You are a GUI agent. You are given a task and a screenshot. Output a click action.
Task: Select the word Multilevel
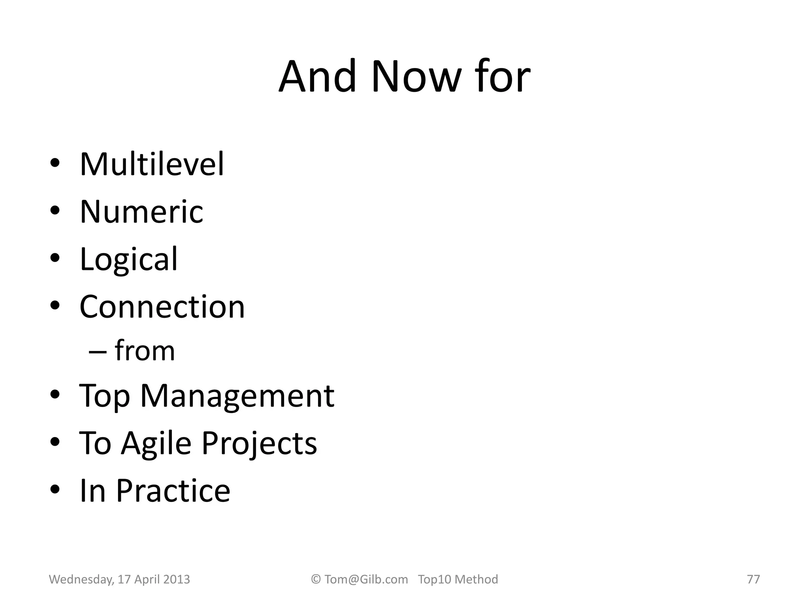pyautogui.click(x=152, y=164)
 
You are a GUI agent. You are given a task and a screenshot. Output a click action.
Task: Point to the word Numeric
pyautogui.click(x=141, y=211)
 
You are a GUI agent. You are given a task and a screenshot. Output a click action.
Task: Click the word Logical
pyautogui.click(x=129, y=259)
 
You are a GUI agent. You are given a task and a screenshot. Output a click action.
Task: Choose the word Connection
pyautogui.click(x=162, y=307)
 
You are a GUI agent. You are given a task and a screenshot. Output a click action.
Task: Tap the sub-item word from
pyautogui.click(x=145, y=351)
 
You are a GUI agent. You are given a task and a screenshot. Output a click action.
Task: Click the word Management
pyautogui.click(x=237, y=396)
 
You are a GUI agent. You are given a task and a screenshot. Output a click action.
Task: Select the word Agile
pyautogui.click(x=156, y=443)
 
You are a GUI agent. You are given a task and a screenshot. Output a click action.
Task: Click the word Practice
pyautogui.click(x=173, y=490)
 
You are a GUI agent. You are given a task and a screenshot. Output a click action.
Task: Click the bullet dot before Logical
pyautogui.click(x=55, y=258)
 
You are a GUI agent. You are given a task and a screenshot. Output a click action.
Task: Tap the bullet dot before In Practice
pyautogui.click(x=55, y=490)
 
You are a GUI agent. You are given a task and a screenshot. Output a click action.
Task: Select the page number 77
pyautogui.click(x=753, y=579)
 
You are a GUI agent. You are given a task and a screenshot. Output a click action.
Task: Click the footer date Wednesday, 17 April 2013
pyautogui.click(x=119, y=579)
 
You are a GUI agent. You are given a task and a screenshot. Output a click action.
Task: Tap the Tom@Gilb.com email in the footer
pyautogui.click(x=366, y=579)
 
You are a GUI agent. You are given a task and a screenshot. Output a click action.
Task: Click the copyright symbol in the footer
pyautogui.click(x=316, y=579)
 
